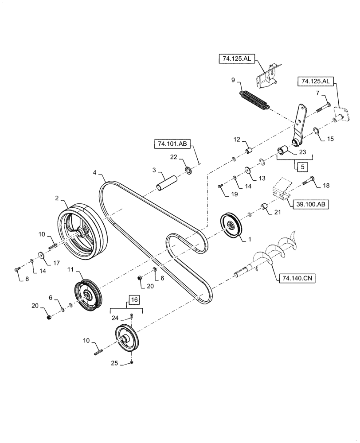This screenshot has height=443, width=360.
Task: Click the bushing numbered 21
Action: coord(265,207)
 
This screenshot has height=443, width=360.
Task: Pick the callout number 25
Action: coord(114,363)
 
